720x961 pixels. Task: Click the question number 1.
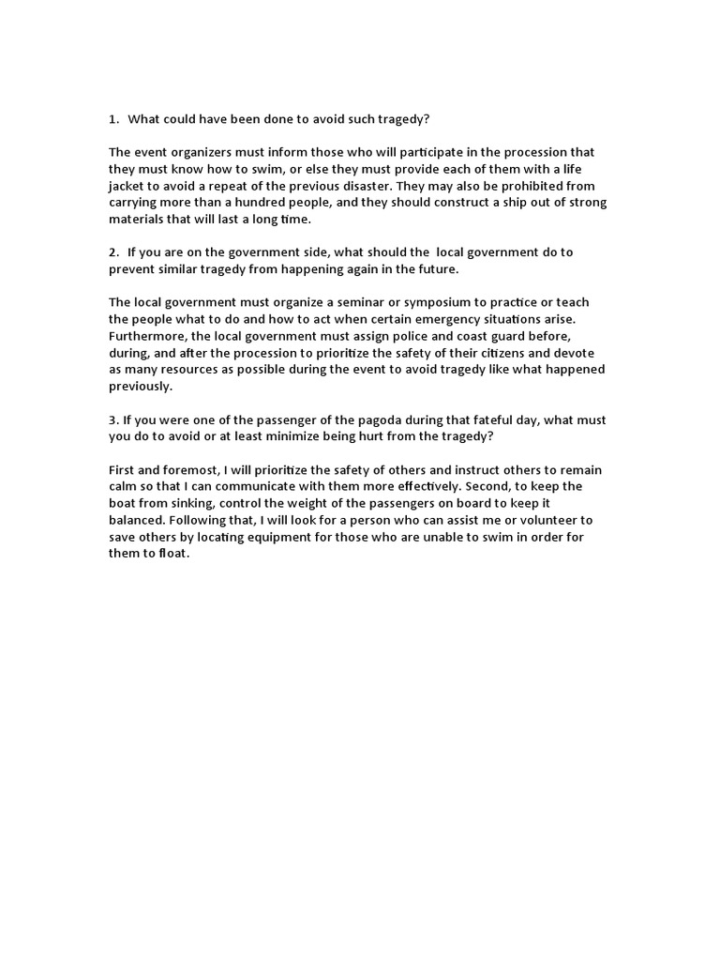click(112, 120)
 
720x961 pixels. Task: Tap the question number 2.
click(112, 252)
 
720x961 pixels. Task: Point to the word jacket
click(129, 186)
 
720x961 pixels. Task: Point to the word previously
click(141, 386)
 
